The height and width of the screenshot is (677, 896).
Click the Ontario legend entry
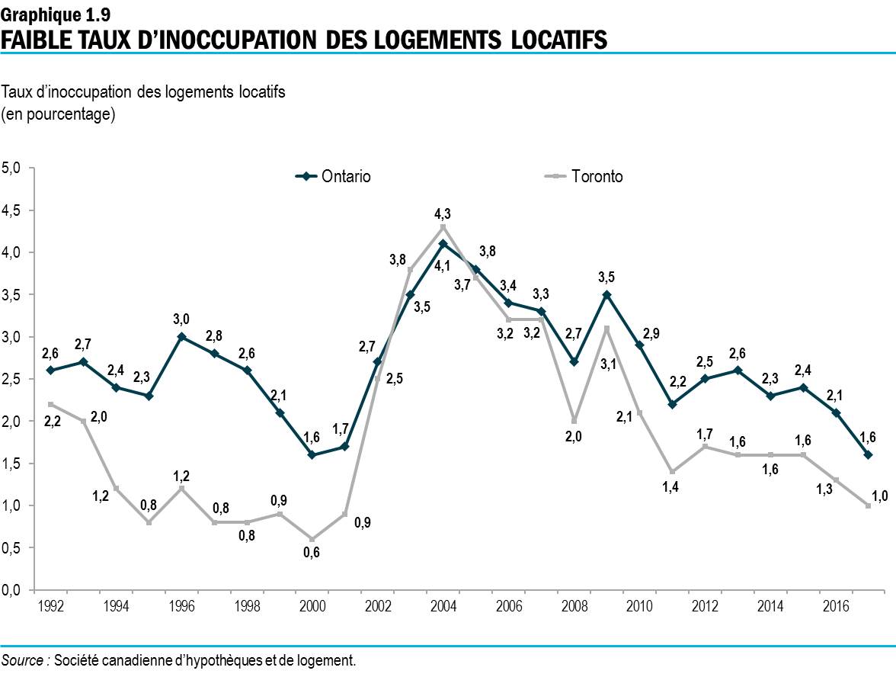point(334,177)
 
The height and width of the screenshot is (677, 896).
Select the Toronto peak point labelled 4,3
point(443,227)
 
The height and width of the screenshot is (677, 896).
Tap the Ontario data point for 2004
point(443,244)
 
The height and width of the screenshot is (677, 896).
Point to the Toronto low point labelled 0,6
point(312,539)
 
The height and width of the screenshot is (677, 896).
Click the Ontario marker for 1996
point(181,337)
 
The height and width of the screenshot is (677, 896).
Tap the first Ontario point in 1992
point(50,371)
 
